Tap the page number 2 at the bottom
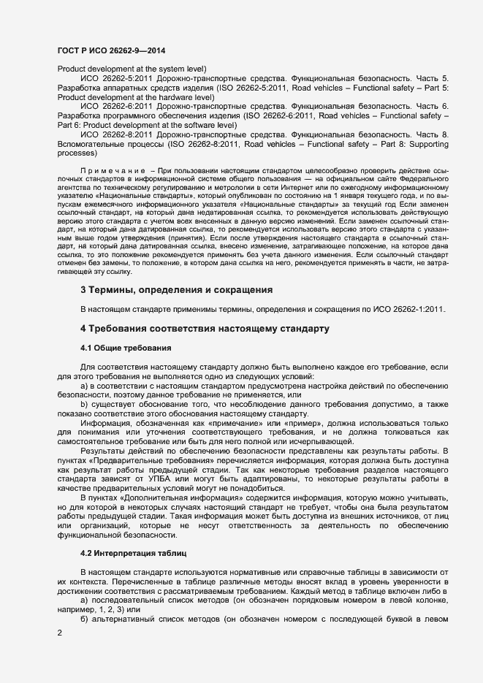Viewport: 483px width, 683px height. tap(59, 633)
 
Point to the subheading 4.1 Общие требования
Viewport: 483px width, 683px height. tap(126, 348)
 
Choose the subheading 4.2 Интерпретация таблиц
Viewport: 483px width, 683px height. tap(133, 554)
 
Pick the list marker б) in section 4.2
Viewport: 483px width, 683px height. tap(85, 619)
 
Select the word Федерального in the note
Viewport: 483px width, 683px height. tap(427, 178)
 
